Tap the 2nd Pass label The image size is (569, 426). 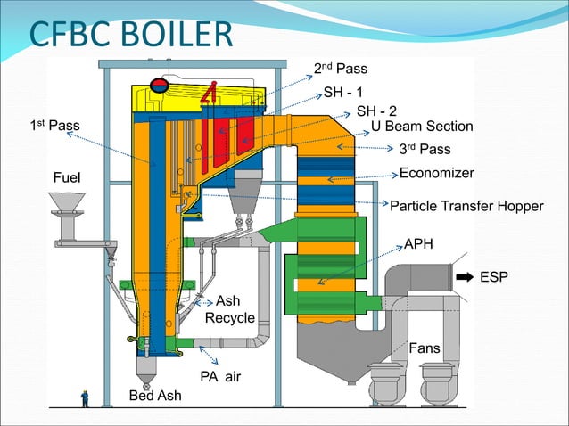click(x=341, y=69)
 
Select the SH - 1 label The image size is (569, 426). click(x=342, y=93)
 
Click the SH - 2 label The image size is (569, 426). click(x=376, y=111)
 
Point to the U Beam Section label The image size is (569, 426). click(x=422, y=127)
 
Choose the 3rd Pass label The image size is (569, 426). click(x=425, y=149)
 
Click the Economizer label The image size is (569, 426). click(x=436, y=173)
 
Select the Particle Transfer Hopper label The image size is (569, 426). click(x=466, y=206)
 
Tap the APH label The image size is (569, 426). click(x=419, y=243)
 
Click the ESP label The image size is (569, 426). click(x=494, y=278)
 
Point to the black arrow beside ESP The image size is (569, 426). click(x=464, y=278)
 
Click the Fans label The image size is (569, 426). click(x=424, y=348)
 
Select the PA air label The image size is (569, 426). click(x=220, y=377)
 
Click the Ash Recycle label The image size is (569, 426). click(x=230, y=309)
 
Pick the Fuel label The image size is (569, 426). click(x=65, y=178)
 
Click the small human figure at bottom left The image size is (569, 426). click(x=86, y=398)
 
